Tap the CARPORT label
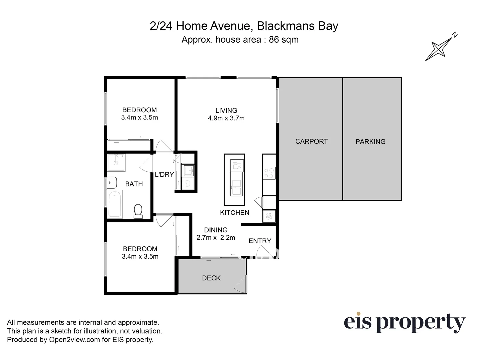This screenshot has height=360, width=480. [311, 141]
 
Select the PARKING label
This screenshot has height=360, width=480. [370, 142]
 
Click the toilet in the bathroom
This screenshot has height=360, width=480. [138, 211]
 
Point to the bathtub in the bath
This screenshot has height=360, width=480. [115, 204]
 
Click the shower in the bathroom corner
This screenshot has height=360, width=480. [116, 162]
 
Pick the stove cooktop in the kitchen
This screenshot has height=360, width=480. [269, 173]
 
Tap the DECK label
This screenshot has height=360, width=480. [211, 278]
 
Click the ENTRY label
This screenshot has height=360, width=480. [260, 241]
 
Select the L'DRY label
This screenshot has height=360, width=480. [164, 174]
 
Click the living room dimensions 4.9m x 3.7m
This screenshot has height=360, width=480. [226, 118]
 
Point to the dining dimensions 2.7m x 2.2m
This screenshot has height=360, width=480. [216, 238]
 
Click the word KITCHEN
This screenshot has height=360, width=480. [235, 213]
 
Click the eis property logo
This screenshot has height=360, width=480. [404, 323]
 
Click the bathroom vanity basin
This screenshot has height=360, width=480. [112, 183]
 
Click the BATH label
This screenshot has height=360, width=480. [134, 184]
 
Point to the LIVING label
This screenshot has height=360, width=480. [226, 110]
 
